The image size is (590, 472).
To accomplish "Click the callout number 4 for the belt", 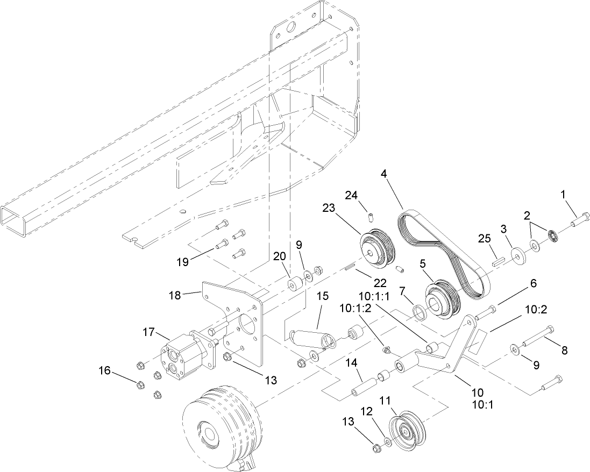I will pyautogui.click(x=383, y=174).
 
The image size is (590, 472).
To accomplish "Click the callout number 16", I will pyautogui.click(x=105, y=370).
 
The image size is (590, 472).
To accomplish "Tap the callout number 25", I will pyautogui.click(x=484, y=238).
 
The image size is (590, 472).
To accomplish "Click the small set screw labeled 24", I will pyautogui.click(x=370, y=217).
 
